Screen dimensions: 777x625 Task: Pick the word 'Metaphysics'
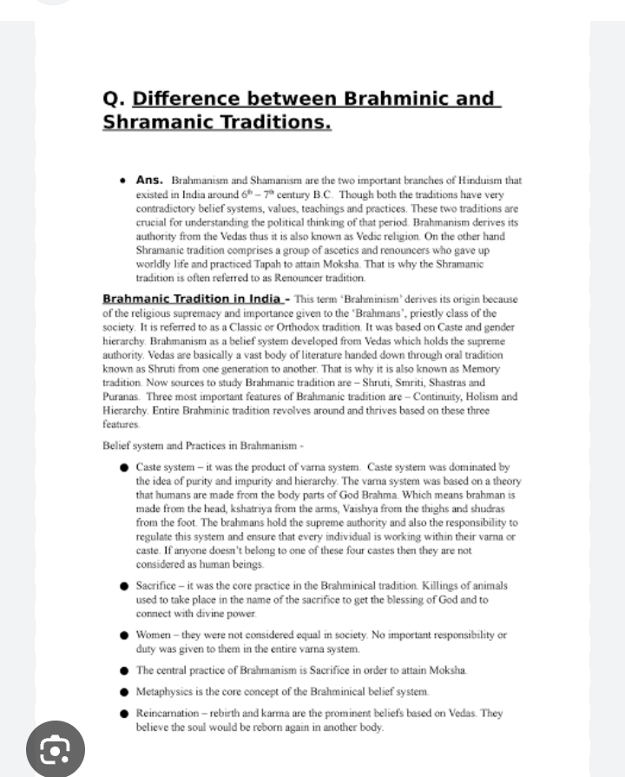[x=168, y=692]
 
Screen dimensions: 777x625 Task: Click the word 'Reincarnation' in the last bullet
[x=173, y=713]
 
